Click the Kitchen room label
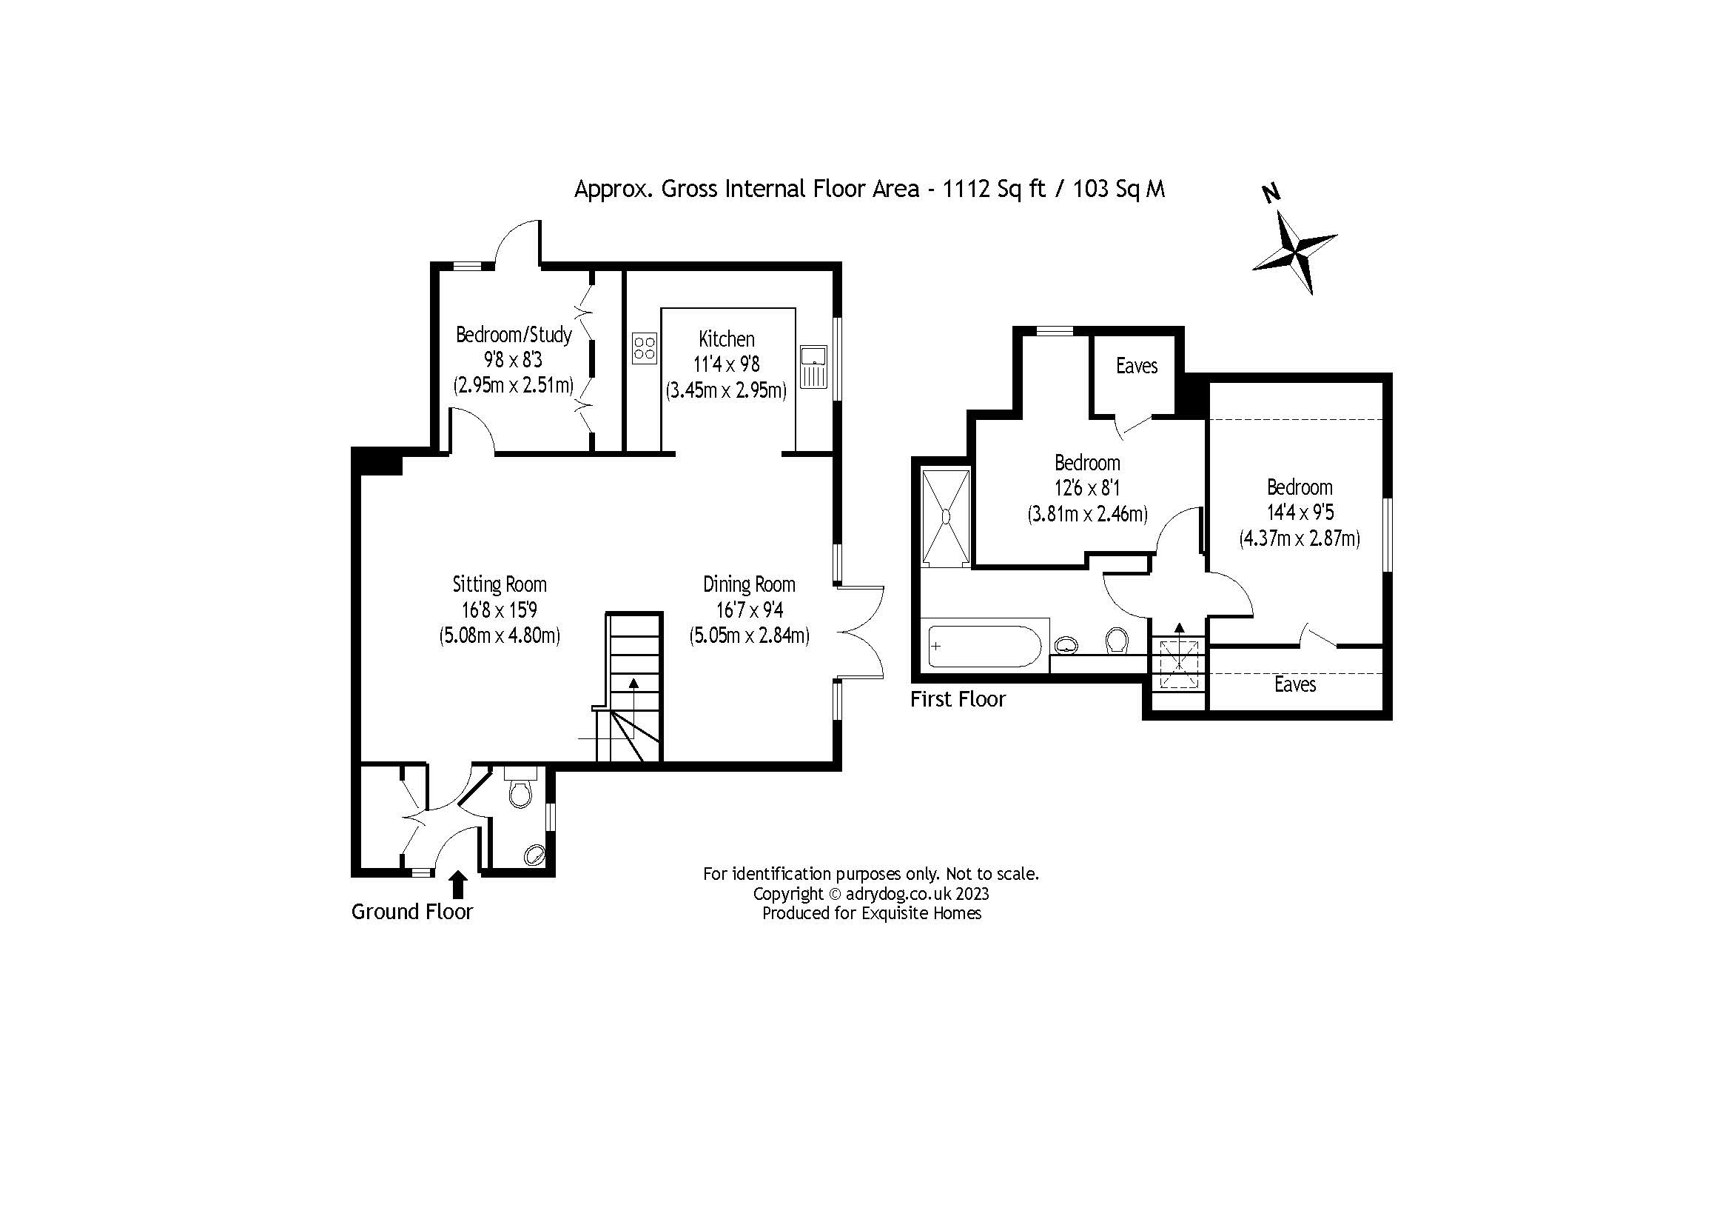click(726, 338)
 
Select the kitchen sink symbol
click(813, 367)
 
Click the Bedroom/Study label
click(514, 334)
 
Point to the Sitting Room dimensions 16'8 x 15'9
click(499, 610)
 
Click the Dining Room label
click(749, 584)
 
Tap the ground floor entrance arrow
click(457, 885)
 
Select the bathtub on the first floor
click(984, 646)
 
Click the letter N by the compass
click(1271, 194)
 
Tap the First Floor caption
click(958, 699)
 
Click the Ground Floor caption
click(411, 912)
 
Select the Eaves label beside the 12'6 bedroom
click(1136, 366)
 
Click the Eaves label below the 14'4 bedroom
click(1294, 684)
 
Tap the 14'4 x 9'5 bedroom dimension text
click(1300, 513)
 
